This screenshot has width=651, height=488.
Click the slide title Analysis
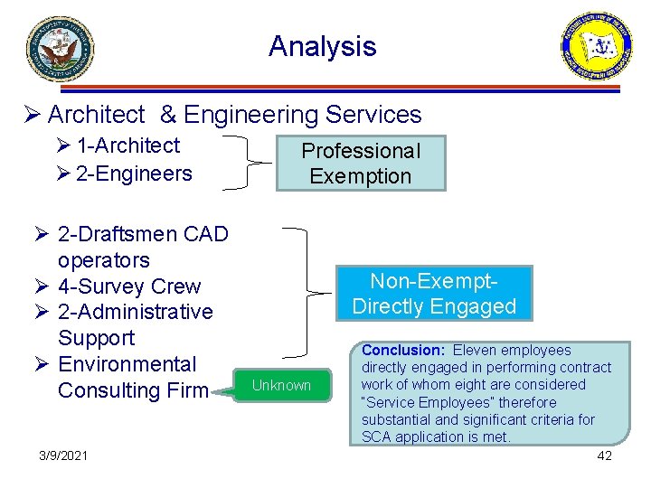click(x=322, y=46)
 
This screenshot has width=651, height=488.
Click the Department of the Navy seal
click(x=60, y=49)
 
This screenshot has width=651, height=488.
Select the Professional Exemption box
click(x=361, y=164)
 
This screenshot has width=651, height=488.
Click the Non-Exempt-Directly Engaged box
click(x=434, y=293)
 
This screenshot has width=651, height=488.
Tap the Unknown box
click(x=281, y=385)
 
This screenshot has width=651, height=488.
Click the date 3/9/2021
click(x=64, y=455)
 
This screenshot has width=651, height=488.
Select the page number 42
click(x=605, y=455)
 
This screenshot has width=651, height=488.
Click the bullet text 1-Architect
click(x=127, y=145)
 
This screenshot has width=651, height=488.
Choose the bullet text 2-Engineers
click(x=134, y=173)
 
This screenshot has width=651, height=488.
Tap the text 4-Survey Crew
click(x=129, y=286)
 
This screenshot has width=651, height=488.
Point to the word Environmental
click(x=127, y=364)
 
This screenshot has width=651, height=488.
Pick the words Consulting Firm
click(x=133, y=390)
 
